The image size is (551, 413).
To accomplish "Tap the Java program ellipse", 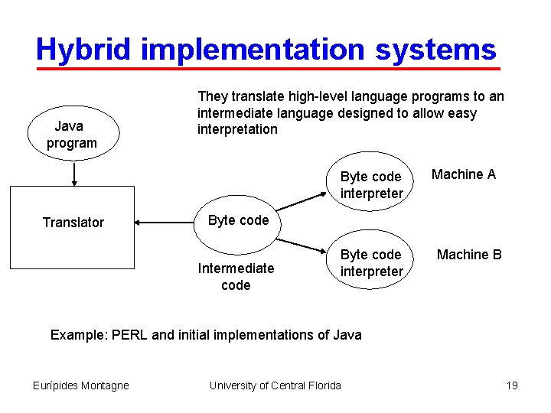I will (72, 134).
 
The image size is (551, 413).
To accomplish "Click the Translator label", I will (73, 223).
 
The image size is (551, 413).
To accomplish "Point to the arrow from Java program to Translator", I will (73, 174).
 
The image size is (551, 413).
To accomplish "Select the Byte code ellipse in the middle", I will (238, 220).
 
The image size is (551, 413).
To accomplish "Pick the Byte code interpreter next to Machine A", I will (371, 185).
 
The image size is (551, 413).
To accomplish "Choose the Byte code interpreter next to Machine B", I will (371, 262).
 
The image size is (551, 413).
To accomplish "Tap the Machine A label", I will (463, 174).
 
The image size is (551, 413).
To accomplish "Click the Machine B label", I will (469, 255).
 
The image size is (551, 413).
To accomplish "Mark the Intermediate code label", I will (236, 276).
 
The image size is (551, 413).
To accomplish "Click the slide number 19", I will (512, 385).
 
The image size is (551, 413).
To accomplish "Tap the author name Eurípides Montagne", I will (81, 385).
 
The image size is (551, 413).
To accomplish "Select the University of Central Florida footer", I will (275, 385).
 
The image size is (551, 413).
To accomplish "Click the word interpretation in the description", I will (237, 129).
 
